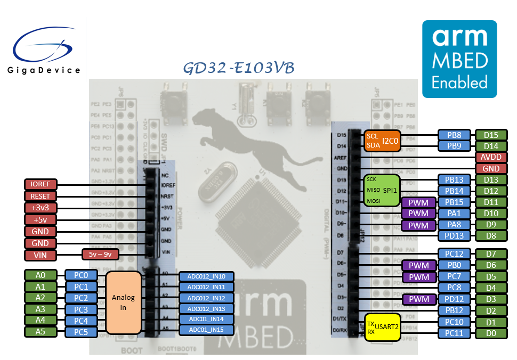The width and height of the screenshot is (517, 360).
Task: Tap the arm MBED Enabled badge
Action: pos(459,59)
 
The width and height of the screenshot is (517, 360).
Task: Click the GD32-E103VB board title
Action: pos(238,68)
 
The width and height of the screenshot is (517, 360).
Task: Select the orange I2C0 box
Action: pos(382,141)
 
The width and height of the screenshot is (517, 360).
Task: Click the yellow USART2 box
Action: pos(382,328)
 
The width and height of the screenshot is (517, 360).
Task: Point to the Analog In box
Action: pos(123,302)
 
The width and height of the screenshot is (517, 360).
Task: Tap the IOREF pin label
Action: pos(40,184)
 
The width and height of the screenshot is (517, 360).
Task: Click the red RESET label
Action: pos(40,196)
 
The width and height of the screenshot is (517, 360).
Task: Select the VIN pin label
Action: pos(40,255)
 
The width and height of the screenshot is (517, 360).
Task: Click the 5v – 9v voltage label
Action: pos(100,255)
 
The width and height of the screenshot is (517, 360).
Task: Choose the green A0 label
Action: pos(40,275)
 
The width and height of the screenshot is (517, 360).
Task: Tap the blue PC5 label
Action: pos(81,332)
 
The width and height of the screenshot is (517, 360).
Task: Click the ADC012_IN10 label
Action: pos(206,276)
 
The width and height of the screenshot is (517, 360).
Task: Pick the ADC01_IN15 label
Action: pos(206,330)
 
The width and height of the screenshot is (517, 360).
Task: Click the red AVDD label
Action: pos(491,157)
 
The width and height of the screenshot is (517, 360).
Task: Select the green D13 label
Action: pos(491,179)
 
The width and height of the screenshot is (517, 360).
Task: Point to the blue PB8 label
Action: pos(454,135)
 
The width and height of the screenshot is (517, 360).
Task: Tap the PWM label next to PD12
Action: pos(418,299)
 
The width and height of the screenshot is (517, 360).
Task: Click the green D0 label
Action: pos(491,333)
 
